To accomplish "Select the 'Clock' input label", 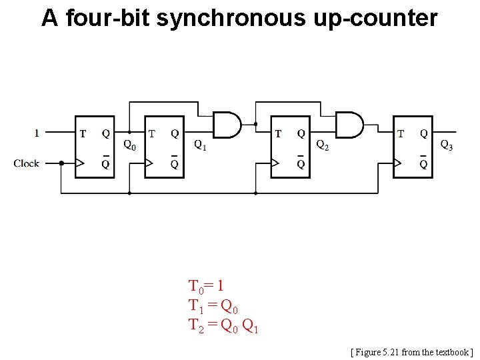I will (x=27, y=163).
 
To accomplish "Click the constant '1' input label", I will (x=37, y=133).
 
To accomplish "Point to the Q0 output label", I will (x=130, y=144).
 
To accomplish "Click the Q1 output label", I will (x=200, y=144).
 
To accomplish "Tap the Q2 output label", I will (x=322, y=144).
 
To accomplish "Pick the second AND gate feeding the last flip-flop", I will (x=349, y=125).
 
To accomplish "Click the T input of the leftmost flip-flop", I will (x=83, y=133).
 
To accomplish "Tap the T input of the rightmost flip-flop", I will (x=401, y=133).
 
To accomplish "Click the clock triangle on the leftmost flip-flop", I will (x=81, y=163).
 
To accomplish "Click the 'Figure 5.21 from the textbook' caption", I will (x=411, y=351).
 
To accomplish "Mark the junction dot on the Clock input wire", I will (x=61, y=163).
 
